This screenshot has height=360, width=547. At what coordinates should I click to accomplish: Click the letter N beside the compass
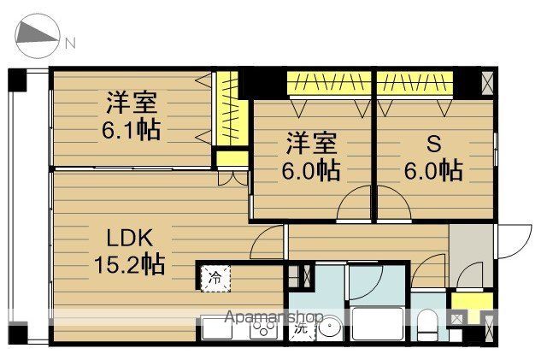coord(71,43)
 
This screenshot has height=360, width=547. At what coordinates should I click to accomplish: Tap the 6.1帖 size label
coord(132,132)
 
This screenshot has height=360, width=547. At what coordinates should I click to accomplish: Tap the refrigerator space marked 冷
coord(215,277)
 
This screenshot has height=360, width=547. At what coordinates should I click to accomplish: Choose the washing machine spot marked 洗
coord(300,328)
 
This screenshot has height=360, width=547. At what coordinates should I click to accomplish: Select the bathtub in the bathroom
coord(376,323)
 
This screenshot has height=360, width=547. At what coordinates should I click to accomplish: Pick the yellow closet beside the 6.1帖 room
coord(229,111)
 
